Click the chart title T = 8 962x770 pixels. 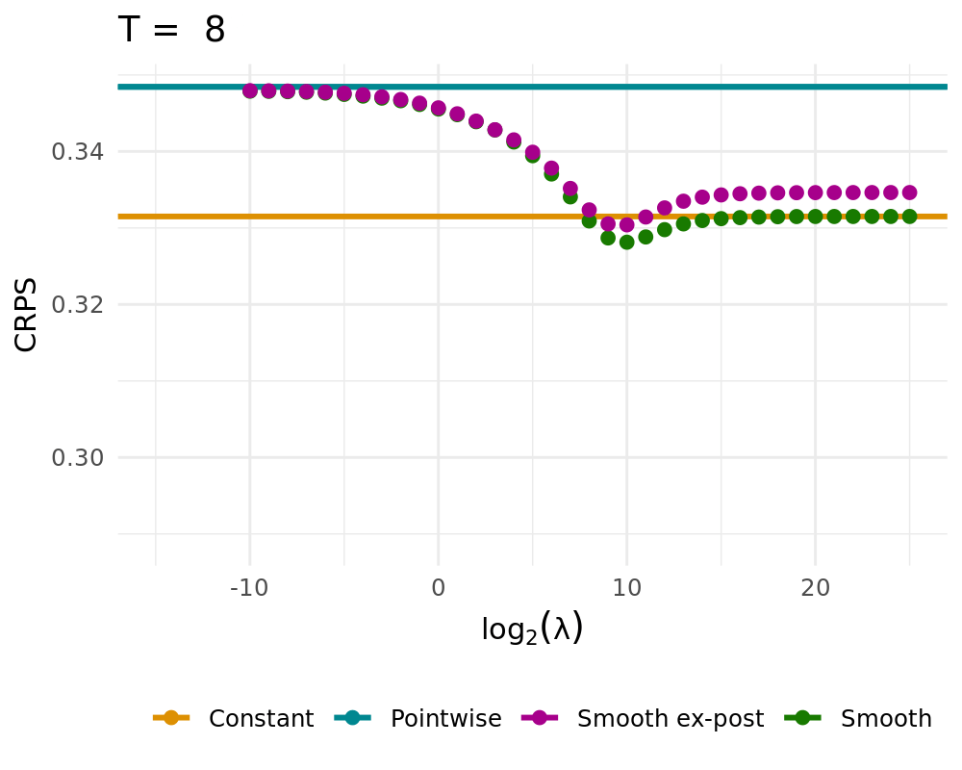171,30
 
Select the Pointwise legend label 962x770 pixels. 445,718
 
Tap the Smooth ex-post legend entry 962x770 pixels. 670,718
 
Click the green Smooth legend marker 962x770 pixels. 802,718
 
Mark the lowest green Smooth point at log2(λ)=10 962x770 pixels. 627,242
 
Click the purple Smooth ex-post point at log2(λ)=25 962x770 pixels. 909,192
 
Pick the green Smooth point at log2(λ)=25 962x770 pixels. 909,217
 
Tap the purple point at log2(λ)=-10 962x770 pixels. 250,90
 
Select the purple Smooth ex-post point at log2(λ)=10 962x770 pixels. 627,225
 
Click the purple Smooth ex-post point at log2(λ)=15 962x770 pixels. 721,194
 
